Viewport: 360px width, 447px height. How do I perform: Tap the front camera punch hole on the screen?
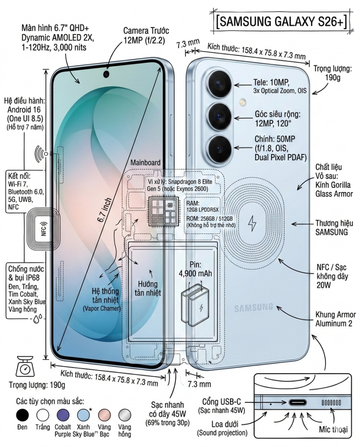pos(106,74)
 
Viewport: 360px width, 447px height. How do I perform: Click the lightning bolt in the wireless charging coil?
pos(252,223)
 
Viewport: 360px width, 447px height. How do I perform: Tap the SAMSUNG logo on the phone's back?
pos(254,308)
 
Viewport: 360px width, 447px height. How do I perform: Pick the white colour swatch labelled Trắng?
pos(43,415)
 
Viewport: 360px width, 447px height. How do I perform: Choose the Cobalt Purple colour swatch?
pos(63,415)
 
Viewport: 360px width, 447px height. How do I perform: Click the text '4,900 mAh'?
pos(195,274)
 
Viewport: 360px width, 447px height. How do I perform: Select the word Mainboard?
pos(145,162)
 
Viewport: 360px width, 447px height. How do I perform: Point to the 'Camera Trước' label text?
pos(146,31)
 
